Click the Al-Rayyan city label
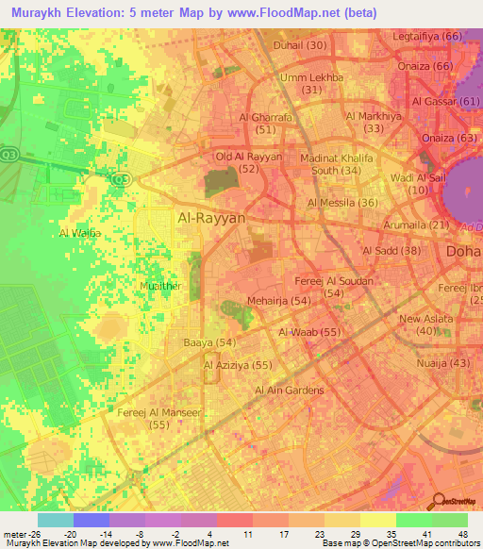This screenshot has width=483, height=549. [211, 218]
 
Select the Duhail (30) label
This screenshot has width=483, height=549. [300, 45]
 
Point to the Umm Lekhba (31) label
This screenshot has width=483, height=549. [312, 83]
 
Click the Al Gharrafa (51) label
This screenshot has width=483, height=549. [252, 124]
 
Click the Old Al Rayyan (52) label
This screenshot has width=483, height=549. [249, 162]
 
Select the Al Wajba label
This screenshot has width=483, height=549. [79, 232]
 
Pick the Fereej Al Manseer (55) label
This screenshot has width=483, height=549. [158, 420]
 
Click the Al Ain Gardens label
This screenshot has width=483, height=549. [289, 391]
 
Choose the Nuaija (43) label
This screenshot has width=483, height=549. [447, 363]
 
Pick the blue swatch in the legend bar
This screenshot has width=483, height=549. [91, 520]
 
